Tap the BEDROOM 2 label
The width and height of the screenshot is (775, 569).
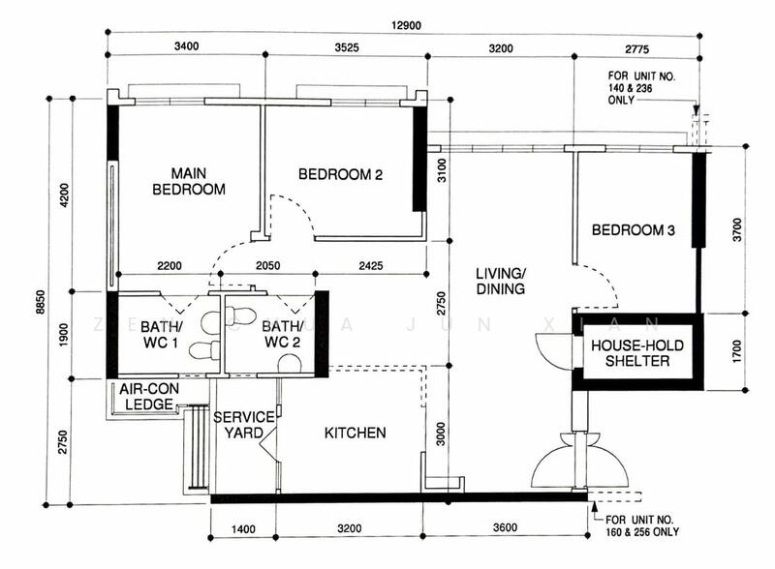point(340,175)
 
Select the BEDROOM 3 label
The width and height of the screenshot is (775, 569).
point(633,230)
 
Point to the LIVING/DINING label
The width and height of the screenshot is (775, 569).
point(500,281)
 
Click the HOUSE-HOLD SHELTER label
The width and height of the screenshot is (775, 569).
point(632,353)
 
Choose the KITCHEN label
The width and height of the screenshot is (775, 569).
point(355,433)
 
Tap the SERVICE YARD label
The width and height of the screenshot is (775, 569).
point(238,424)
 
